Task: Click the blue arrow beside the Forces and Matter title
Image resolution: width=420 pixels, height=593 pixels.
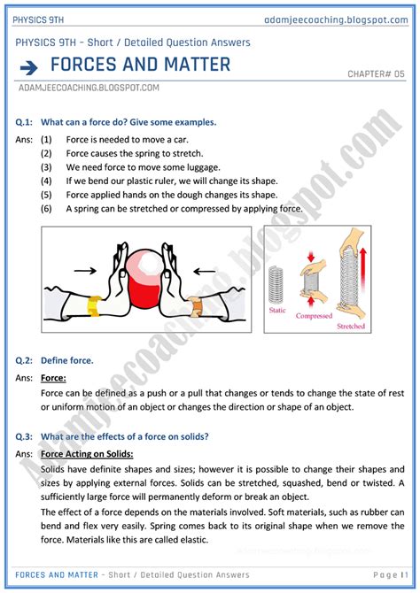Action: coord(28,66)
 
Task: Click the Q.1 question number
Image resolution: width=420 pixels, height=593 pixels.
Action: coord(26,122)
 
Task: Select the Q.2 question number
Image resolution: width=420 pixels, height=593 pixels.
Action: coord(26,360)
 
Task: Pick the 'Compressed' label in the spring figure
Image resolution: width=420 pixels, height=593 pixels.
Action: coord(314,315)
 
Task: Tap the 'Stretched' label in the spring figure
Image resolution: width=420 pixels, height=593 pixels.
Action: coord(351,326)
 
